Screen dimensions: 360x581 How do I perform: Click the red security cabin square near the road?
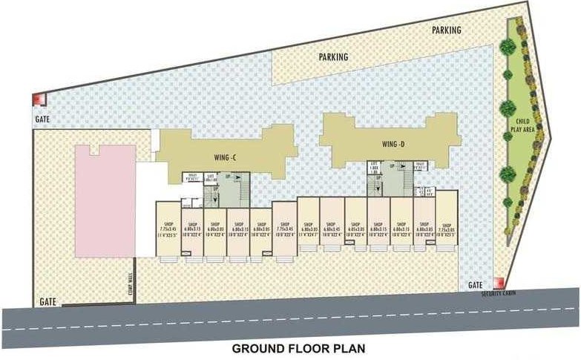500,282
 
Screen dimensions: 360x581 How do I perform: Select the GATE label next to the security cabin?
476,285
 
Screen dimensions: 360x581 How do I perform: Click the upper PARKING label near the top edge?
447,30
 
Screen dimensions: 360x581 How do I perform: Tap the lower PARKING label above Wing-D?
333,56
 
